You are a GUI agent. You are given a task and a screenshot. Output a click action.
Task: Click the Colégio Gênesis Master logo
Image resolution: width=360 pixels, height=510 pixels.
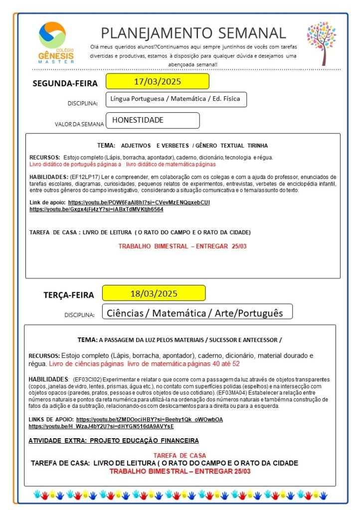(x=56, y=42)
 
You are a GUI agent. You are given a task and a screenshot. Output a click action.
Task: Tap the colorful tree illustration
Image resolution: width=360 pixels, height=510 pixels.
(x=321, y=43)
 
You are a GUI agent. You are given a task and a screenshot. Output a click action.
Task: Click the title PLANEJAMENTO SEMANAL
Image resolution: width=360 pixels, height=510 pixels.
(x=193, y=33)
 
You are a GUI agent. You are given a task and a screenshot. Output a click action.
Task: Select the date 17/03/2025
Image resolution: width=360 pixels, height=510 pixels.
(x=157, y=81)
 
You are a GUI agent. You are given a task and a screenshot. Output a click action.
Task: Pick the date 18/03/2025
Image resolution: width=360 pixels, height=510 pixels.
(x=154, y=293)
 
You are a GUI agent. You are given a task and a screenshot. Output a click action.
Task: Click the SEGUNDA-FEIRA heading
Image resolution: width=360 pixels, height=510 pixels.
(x=65, y=83)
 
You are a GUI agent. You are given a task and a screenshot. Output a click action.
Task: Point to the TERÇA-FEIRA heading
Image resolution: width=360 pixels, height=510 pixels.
(x=68, y=295)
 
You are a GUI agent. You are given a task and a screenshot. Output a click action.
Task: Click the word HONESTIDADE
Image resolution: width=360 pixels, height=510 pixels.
(x=138, y=120)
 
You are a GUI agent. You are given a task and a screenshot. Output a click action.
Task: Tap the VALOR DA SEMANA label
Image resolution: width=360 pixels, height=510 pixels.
(x=79, y=124)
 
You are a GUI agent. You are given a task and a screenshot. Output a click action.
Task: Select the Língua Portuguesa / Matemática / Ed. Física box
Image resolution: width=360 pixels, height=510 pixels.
(x=176, y=99)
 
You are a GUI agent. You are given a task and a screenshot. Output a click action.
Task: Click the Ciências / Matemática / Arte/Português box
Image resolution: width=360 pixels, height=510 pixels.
(x=196, y=313)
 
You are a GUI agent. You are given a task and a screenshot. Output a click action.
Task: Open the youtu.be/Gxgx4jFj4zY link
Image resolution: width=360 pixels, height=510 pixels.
(x=96, y=209)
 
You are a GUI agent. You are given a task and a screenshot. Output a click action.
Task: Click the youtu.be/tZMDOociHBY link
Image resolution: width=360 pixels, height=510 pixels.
(x=149, y=420)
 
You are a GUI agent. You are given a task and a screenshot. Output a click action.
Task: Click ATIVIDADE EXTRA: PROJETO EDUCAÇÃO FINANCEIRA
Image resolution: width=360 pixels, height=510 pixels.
(x=114, y=441)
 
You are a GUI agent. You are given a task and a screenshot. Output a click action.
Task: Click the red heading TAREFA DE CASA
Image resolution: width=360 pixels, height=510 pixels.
(x=180, y=456)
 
